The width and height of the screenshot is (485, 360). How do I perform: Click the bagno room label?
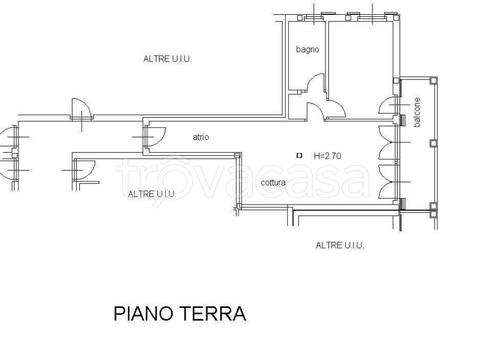pos(307,50)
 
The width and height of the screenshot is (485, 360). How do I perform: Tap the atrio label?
pos(201,137)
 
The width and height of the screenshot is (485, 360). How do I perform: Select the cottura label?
pos(273,182)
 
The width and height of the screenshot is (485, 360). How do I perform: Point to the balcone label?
pos(417,112)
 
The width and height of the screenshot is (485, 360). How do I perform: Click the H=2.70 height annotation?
pos(327,156)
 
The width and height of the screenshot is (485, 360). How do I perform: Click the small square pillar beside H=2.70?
pos(299,155)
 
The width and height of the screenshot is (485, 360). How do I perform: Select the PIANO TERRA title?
pos(180,313)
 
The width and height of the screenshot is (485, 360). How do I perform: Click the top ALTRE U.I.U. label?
pos(167,59)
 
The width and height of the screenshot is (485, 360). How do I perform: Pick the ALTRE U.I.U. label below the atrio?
pos(152,194)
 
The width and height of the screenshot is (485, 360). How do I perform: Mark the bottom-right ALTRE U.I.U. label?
pos(340,246)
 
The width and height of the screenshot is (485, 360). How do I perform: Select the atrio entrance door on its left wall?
pos(155,137)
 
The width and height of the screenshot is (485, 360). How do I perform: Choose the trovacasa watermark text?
pos(242,179)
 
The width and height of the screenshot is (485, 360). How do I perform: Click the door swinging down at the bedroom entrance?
pos(336,108)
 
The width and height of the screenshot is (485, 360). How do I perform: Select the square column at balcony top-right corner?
pos(433,80)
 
